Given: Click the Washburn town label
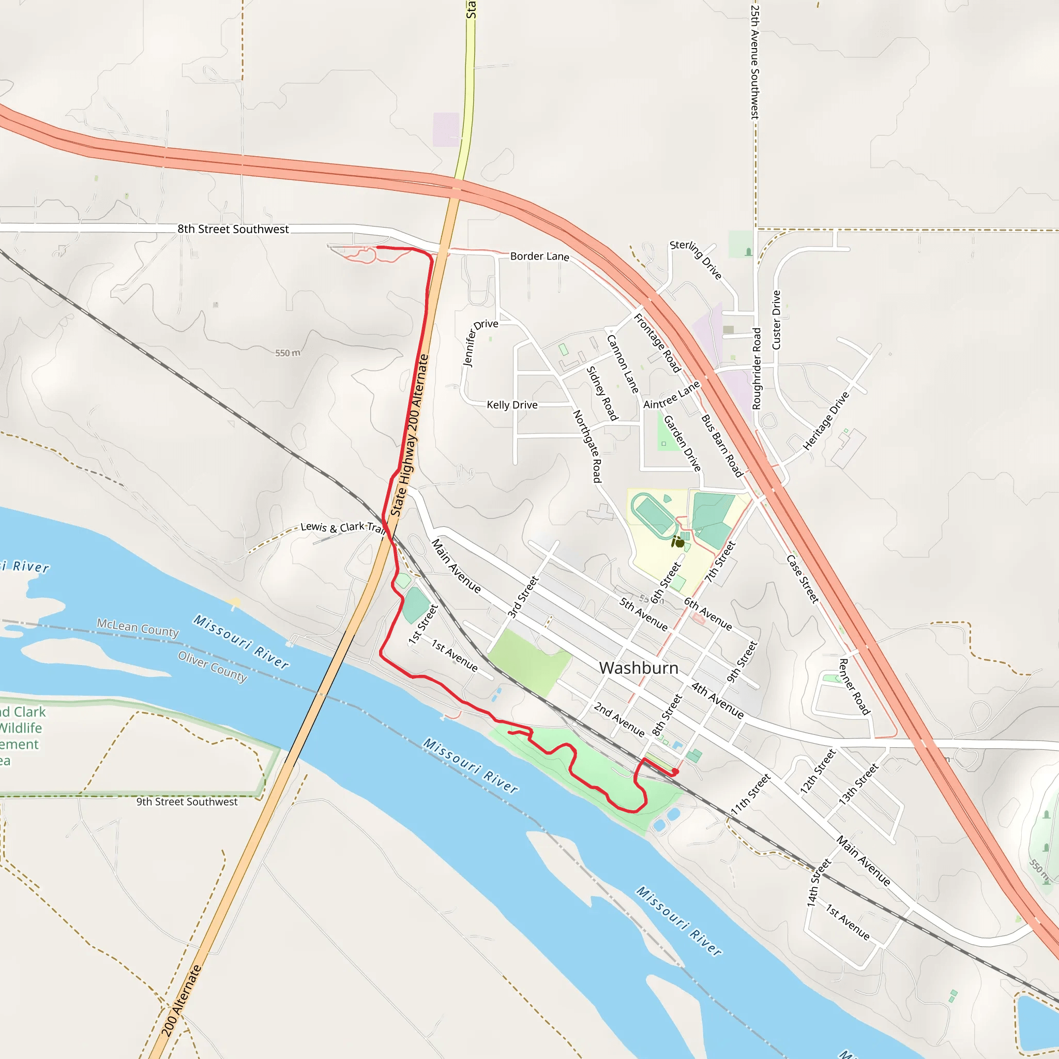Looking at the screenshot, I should [639, 668].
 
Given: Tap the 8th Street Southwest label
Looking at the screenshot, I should [233, 229].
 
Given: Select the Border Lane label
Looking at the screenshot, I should [539, 256].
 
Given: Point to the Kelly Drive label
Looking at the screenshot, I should [512, 405].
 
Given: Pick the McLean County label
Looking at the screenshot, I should [138, 628].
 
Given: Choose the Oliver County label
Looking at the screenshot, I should [213, 666].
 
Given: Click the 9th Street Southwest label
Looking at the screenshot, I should [187, 801].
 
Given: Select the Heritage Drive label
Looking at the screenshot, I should [825, 421].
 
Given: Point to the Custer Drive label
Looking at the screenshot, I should [776, 320].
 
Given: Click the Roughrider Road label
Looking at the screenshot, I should [757, 368].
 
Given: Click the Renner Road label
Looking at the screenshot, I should [855, 686].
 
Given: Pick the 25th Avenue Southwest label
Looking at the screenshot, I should [755, 62].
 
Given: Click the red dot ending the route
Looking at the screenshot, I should [675, 772].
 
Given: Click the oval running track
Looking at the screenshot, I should [654, 515].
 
